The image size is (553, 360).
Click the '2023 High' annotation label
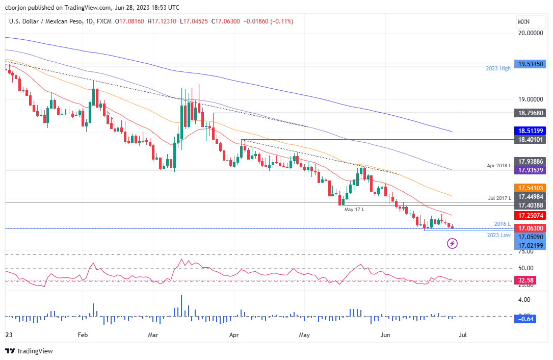pyautogui.click(x=497, y=69)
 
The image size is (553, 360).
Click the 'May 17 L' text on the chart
pyautogui.click(x=355, y=210)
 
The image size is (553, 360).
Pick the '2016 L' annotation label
pyautogui.click(x=503, y=224)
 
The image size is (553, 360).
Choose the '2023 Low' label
pyautogui.click(x=498, y=235)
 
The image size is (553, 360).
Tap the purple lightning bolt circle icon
pyautogui.click(x=452, y=244)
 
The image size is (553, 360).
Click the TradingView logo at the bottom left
pyautogui.click(x=29, y=351)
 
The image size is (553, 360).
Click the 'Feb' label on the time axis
pyautogui.click(x=83, y=335)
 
